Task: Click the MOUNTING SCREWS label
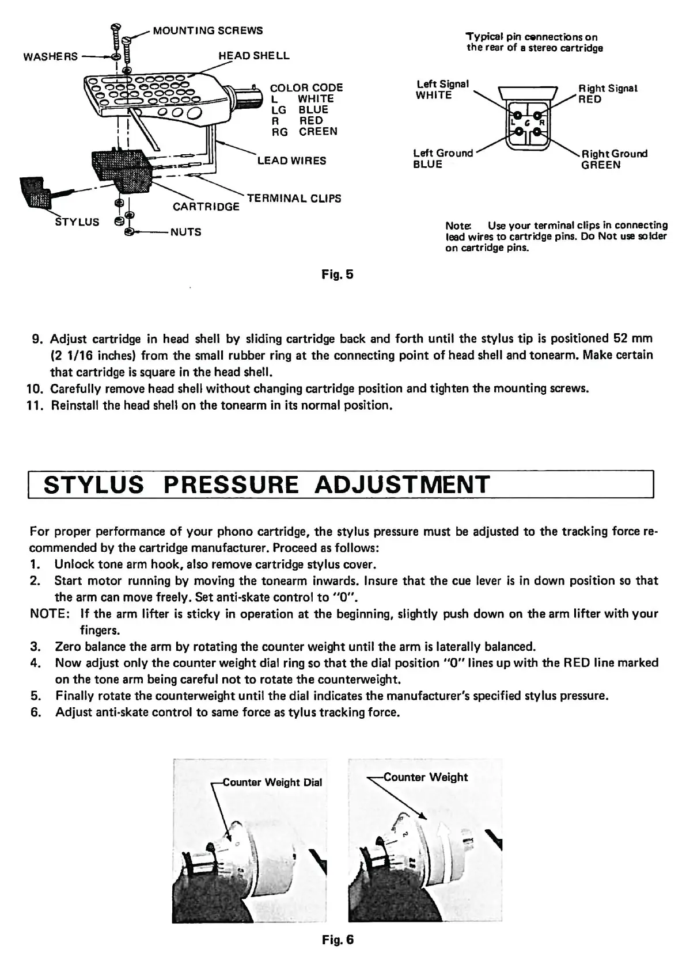[x=207, y=30]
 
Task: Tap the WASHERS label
[x=50, y=56]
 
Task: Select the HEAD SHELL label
[x=253, y=56]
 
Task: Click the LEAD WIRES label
[x=291, y=161]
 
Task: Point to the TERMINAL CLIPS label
[x=294, y=199]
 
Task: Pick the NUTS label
[x=185, y=232]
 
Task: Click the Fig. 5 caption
[x=338, y=274]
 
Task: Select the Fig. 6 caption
[x=338, y=940]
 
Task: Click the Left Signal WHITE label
[x=442, y=90]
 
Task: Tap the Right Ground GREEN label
[x=614, y=159]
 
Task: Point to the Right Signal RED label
[x=608, y=94]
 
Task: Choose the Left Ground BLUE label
[x=442, y=159]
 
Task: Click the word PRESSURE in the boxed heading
[x=231, y=484]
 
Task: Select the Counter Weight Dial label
[x=272, y=783]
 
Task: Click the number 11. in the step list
[x=37, y=406]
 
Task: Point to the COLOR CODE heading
[x=306, y=87]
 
